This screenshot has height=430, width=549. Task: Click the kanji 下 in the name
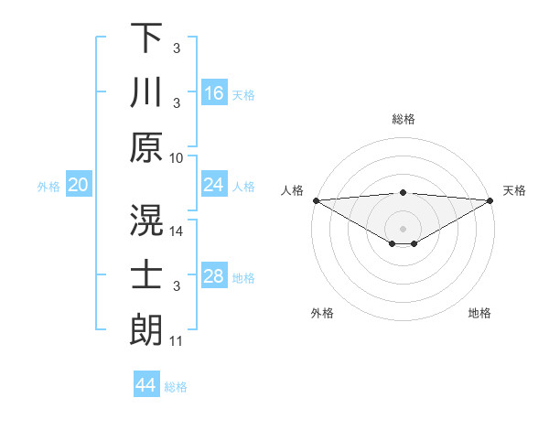point(146,38)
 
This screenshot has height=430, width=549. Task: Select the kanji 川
point(146,92)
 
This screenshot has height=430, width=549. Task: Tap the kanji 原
point(146,147)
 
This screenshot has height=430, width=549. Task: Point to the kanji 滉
point(146,219)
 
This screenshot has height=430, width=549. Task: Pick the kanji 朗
point(146,329)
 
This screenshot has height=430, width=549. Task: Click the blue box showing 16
point(214,92)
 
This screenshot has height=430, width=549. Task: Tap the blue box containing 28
point(214,276)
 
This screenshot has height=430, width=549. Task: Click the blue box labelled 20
point(79,186)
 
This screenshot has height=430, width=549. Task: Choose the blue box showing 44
point(146,385)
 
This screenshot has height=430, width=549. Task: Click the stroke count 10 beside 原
point(177,157)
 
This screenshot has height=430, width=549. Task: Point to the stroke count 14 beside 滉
point(177,231)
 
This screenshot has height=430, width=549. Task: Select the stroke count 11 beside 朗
point(177,341)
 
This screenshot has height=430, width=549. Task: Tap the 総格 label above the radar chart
point(404,119)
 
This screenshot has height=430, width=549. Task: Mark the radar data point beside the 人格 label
point(316,200)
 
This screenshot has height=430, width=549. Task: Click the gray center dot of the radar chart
point(404,228)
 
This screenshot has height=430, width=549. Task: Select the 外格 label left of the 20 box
point(48,187)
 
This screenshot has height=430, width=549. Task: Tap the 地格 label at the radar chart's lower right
point(479,313)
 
